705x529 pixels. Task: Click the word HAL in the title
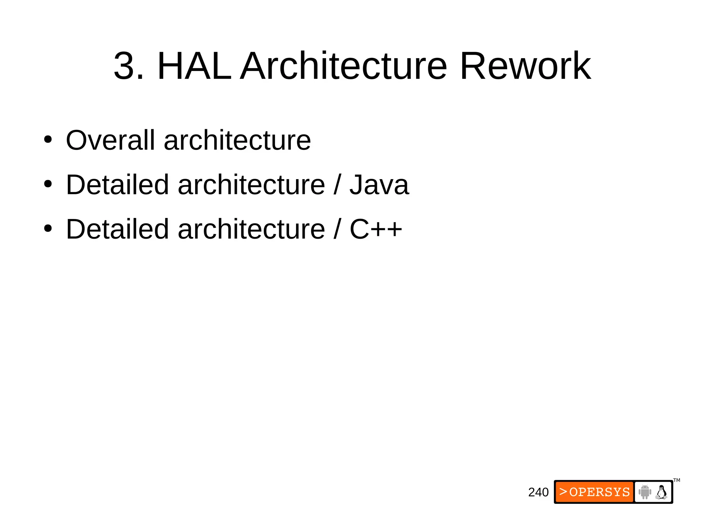(x=194, y=66)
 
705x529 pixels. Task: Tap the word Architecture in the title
(x=344, y=66)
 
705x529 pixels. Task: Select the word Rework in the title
(x=525, y=66)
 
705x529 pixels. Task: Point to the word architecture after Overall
(x=237, y=141)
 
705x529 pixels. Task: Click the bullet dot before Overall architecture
(x=48, y=140)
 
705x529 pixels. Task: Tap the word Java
(x=379, y=185)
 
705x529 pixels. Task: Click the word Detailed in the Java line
(x=117, y=185)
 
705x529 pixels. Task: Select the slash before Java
(x=337, y=185)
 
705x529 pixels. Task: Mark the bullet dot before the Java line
(x=48, y=184)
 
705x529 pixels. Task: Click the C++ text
(x=376, y=229)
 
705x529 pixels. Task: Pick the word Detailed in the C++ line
(x=117, y=229)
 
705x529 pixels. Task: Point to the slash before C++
(x=337, y=229)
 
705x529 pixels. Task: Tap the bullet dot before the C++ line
(x=48, y=228)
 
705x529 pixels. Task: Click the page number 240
(x=538, y=492)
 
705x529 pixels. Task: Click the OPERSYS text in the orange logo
(x=599, y=492)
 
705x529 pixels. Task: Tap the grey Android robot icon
(x=645, y=492)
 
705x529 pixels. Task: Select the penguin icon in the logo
(x=661, y=492)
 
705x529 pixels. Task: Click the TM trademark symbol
(x=677, y=480)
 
